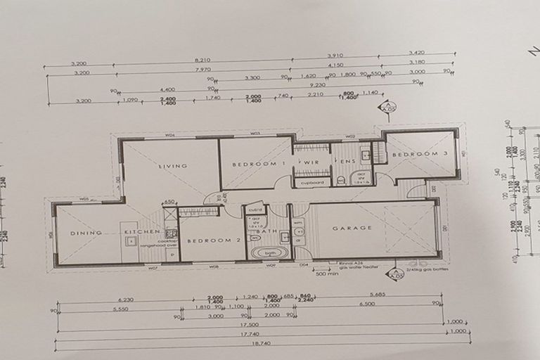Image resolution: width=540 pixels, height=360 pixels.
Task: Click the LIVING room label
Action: click(x=172, y=167)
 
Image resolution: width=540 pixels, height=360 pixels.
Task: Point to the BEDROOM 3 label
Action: click(x=420, y=154)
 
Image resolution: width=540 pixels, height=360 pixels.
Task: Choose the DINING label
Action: click(x=86, y=233)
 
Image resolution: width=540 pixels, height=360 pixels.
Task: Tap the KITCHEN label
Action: click(x=138, y=232)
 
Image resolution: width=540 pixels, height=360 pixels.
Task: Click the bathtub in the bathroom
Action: click(x=270, y=253)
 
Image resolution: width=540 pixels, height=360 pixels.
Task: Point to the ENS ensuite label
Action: click(x=348, y=162)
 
